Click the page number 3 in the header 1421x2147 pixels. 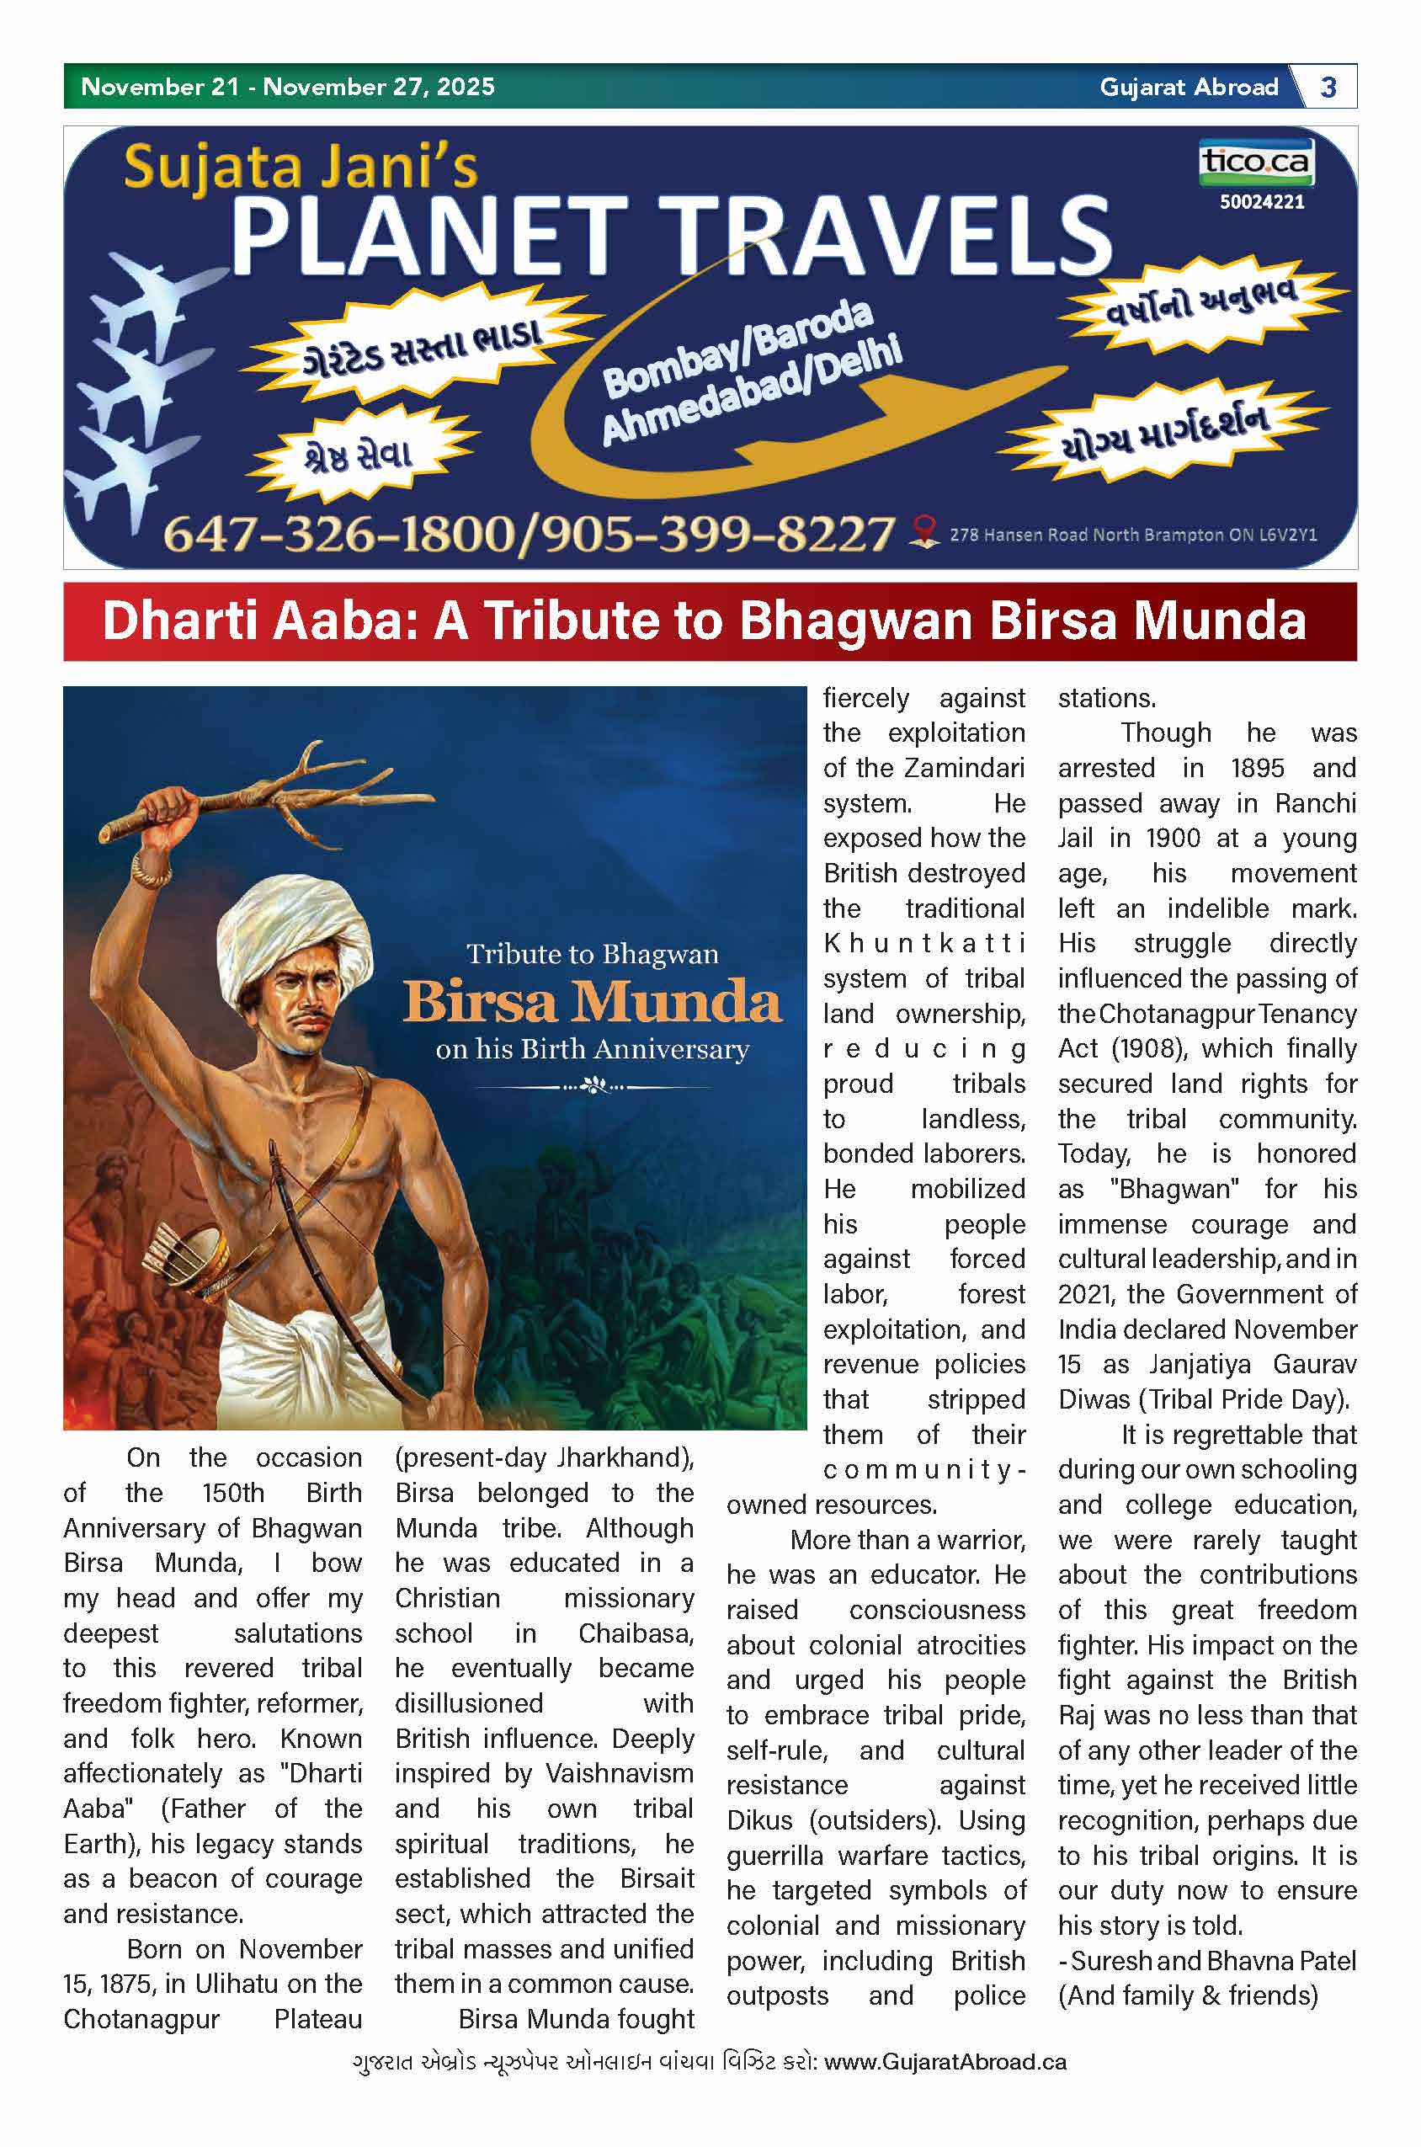coord(1328,87)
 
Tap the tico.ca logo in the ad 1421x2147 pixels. coord(1255,162)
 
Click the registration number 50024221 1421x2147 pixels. coord(1262,202)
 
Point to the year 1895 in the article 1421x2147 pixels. coord(1257,769)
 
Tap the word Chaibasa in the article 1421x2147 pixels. coord(636,1633)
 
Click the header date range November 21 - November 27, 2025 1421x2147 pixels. coord(287,87)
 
